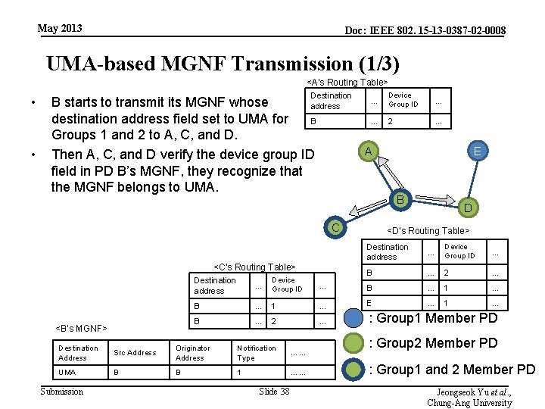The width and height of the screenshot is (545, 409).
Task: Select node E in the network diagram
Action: pos(477,151)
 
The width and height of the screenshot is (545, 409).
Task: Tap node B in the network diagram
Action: pos(399,201)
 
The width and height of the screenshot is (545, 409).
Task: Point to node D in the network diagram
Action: pos(468,207)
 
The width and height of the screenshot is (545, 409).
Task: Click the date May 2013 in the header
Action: pos(60,29)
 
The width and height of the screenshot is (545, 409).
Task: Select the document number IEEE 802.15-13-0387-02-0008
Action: pos(425,31)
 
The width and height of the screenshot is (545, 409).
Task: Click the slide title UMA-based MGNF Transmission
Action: pos(223,64)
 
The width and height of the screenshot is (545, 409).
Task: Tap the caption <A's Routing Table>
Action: pos(347,82)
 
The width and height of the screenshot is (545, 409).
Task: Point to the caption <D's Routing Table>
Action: pos(428,230)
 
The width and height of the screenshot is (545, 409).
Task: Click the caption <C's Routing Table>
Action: pos(254,267)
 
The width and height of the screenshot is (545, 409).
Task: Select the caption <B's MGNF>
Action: pos(82,328)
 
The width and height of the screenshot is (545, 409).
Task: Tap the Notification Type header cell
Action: pos(257,353)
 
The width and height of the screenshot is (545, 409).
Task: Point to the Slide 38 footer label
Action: pos(274,391)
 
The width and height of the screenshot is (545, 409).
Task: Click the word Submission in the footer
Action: pos(61,391)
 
